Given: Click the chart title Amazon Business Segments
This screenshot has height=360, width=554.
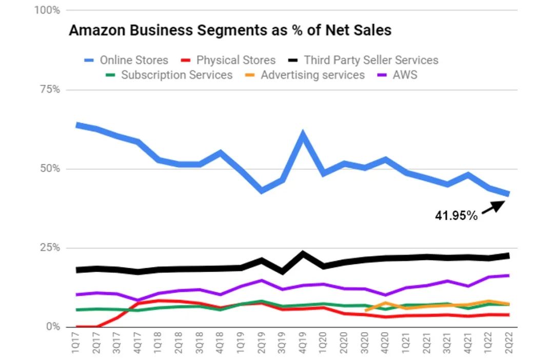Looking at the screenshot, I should click(230, 30).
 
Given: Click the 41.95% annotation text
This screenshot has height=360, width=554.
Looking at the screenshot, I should click(456, 216).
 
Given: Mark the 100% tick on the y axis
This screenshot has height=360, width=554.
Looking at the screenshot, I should click(47, 10).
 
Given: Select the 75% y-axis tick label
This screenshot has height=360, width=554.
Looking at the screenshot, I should click(50, 90).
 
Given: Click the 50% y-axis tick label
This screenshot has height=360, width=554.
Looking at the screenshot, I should click(50, 169).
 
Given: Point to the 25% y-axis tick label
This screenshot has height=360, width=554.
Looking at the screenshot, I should click(50, 248).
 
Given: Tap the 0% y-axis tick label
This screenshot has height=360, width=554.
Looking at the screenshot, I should click(52, 327).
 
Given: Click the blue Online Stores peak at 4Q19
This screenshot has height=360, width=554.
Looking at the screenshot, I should click(303, 135).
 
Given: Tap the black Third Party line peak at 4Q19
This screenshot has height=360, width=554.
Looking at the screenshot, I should click(303, 253).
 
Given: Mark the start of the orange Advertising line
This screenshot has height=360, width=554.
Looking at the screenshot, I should click(365, 310).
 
